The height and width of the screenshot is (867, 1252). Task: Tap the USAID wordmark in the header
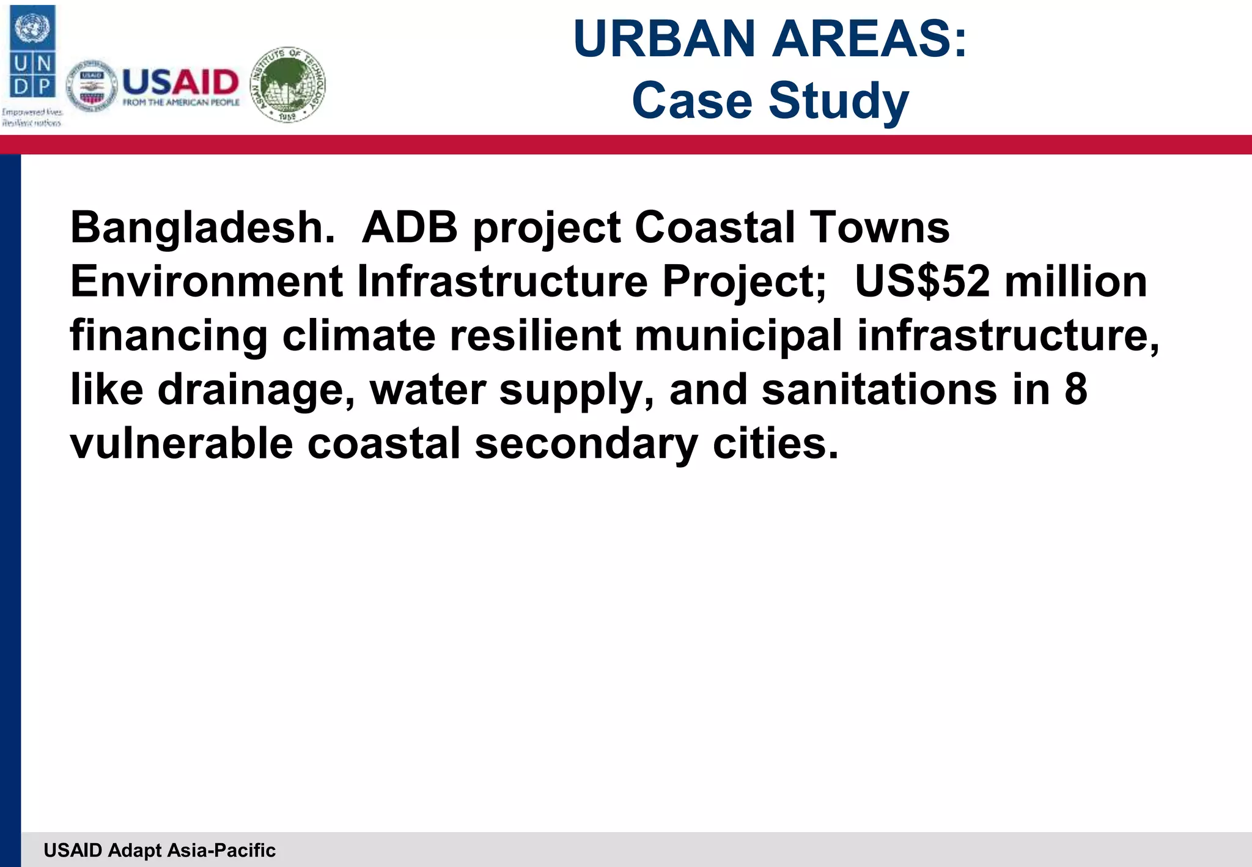click(180, 82)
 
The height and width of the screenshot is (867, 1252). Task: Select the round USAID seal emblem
click(92, 86)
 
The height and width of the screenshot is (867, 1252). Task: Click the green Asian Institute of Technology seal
click(289, 84)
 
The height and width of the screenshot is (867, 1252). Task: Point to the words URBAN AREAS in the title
click(769, 39)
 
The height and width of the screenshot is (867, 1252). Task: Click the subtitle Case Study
click(770, 100)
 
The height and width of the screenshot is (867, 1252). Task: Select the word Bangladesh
click(202, 227)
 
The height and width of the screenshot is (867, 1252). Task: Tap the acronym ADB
click(410, 227)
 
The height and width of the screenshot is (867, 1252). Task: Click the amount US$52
click(921, 282)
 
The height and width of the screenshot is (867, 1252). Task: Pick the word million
click(1076, 282)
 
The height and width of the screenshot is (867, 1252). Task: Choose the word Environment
click(206, 282)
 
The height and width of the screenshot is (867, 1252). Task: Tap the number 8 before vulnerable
click(1076, 390)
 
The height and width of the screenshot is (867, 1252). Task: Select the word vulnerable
click(182, 444)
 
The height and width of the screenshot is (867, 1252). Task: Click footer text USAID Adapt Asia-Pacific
click(160, 850)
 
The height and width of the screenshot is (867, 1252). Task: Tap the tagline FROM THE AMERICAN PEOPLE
click(181, 103)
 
